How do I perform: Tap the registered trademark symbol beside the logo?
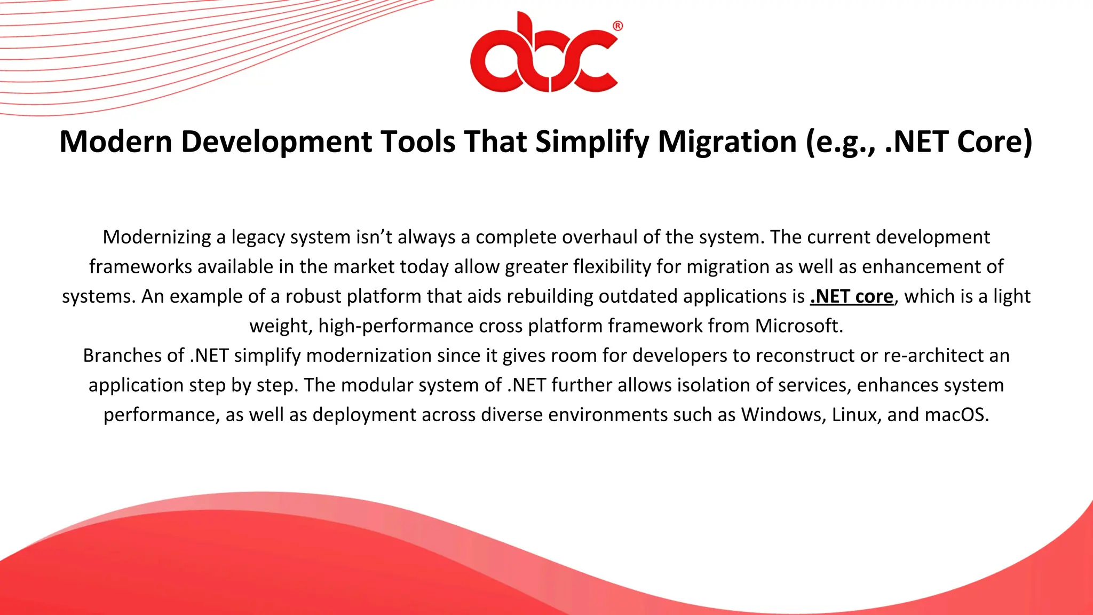click(617, 26)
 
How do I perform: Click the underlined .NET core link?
click(851, 296)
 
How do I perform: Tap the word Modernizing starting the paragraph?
click(156, 237)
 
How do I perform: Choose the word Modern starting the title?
click(115, 142)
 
